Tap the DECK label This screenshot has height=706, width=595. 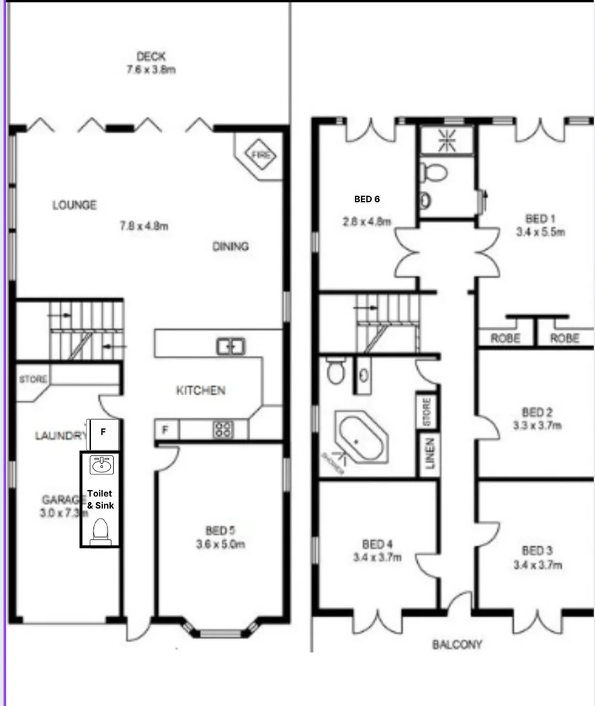click(x=151, y=57)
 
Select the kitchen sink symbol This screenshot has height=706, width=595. click(x=231, y=347)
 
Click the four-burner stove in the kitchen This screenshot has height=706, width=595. click(x=223, y=429)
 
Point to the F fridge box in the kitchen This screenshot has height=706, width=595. click(x=166, y=430)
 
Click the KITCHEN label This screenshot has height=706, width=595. click(x=201, y=391)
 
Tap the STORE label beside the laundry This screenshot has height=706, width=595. click(x=33, y=379)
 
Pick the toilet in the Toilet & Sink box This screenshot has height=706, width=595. click(x=100, y=530)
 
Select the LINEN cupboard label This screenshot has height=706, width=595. click(x=429, y=454)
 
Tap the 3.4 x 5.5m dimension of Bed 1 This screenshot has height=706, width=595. click(x=540, y=232)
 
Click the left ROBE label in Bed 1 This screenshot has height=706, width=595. click(x=505, y=339)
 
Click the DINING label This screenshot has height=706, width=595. click(x=230, y=246)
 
